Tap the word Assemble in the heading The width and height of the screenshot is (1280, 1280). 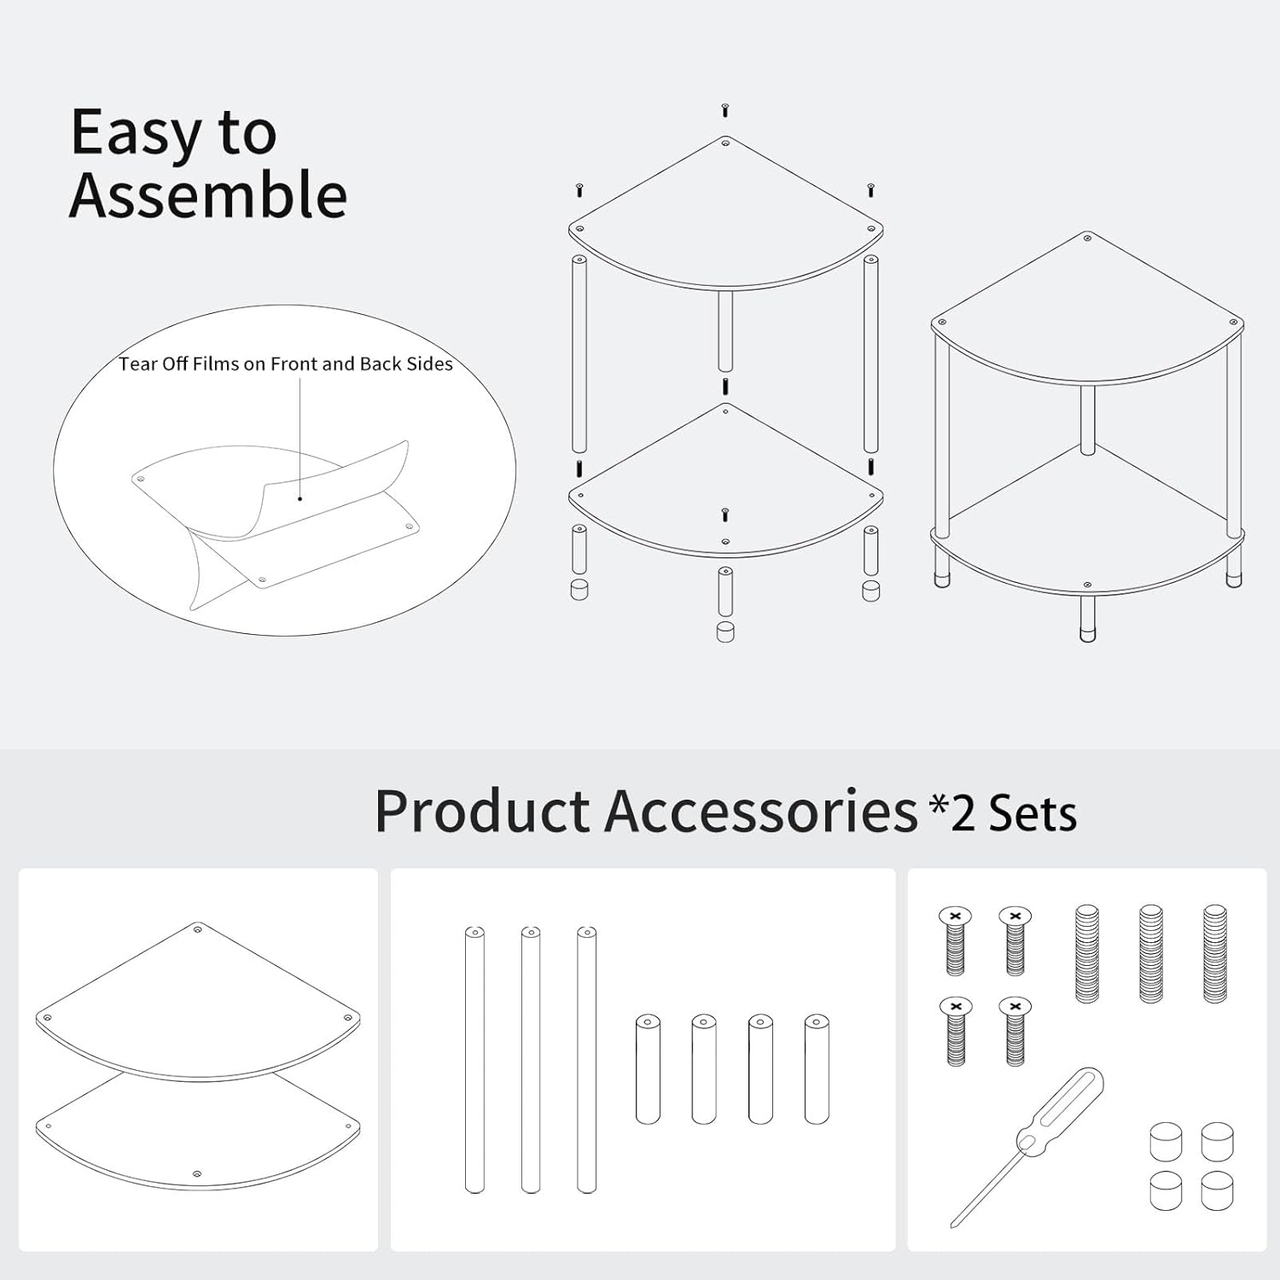pyautogui.click(x=208, y=196)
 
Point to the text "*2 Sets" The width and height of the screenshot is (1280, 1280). pyautogui.click(x=1004, y=813)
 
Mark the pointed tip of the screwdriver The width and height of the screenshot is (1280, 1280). pyautogui.click(x=954, y=1225)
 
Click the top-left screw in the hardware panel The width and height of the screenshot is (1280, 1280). pyautogui.click(x=956, y=940)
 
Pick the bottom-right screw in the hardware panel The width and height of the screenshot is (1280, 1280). pyautogui.click(x=1015, y=1031)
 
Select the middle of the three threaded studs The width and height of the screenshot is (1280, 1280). pyautogui.click(x=1151, y=953)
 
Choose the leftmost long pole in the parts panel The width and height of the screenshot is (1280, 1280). pyautogui.click(x=475, y=1058)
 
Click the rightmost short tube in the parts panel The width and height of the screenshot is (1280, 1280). pyautogui.click(x=817, y=1068)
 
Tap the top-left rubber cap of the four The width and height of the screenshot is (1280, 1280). pyautogui.click(x=1166, y=1142)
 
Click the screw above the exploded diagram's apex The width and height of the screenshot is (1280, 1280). pyautogui.click(x=725, y=110)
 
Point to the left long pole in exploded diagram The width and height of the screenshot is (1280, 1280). pyautogui.click(x=579, y=352)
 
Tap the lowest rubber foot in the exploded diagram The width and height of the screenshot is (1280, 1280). pyautogui.click(x=725, y=631)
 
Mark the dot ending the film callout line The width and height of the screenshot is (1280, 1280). pyautogui.click(x=300, y=498)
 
